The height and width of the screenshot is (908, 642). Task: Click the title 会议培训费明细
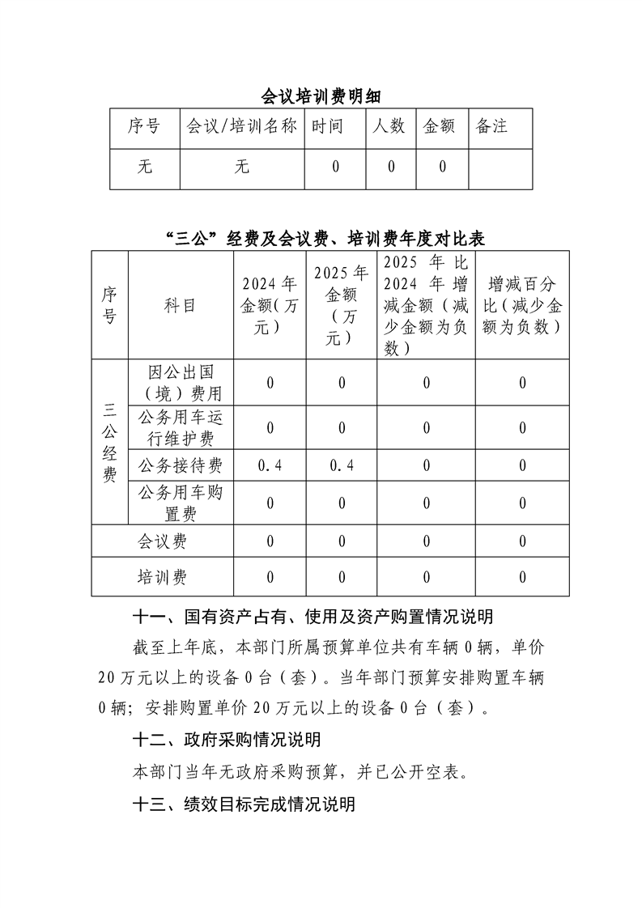tap(321, 98)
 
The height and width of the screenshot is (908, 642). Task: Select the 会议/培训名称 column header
tap(242, 126)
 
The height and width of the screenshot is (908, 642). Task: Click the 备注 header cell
tap(491, 126)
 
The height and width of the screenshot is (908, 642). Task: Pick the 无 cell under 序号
tap(145, 168)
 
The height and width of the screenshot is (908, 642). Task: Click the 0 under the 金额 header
tap(443, 168)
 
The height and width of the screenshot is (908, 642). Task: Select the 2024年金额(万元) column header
tap(270, 305)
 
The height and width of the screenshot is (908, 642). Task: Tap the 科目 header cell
tap(180, 305)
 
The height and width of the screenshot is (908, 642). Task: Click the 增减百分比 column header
tap(522, 305)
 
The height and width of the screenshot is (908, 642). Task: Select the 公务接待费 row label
tap(180, 465)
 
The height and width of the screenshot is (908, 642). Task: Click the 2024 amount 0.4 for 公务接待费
tap(270, 465)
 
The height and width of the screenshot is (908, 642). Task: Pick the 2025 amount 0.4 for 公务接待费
tap(342, 465)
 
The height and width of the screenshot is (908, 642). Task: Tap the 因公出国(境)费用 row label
tap(180, 383)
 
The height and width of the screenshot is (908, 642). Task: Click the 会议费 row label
tap(162, 541)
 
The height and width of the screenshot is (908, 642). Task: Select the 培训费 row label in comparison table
tap(162, 577)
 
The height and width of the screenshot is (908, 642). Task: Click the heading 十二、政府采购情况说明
tap(227, 739)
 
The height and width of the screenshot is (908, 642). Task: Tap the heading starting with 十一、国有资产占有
tap(312, 617)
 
